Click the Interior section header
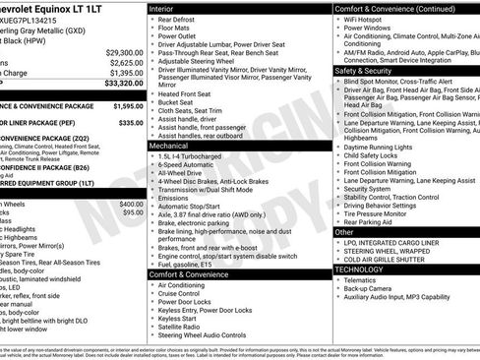[x=163, y=8]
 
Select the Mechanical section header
[x=170, y=145]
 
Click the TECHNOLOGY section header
[x=359, y=269]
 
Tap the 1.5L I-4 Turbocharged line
[x=193, y=156]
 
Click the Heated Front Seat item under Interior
[x=186, y=92]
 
